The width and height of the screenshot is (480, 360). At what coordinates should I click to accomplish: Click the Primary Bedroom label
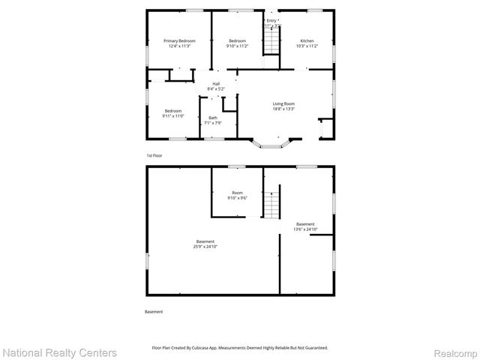[x=179, y=40]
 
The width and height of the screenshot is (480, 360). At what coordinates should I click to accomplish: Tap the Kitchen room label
[x=307, y=40]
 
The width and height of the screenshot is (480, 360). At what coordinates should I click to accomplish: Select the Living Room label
[x=283, y=103]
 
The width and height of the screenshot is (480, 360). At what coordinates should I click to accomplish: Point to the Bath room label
[x=213, y=118]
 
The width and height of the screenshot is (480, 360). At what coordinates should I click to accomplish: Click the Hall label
[x=216, y=83]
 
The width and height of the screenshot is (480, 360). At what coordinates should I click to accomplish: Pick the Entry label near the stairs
[x=271, y=20]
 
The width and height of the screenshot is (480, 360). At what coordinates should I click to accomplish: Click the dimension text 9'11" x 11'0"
[x=173, y=116]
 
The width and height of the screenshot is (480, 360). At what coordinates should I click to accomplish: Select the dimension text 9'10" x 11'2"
[x=237, y=46]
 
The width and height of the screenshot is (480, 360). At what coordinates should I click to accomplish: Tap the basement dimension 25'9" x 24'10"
[x=205, y=247]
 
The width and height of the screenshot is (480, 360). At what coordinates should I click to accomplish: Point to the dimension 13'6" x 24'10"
[x=305, y=229]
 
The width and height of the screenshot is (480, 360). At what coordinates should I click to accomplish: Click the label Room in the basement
[x=237, y=193]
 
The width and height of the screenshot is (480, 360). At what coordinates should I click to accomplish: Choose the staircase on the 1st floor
[x=270, y=42]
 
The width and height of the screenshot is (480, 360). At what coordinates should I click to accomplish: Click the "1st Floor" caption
[x=154, y=155]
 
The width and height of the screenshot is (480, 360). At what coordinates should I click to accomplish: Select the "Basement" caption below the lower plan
[x=153, y=311]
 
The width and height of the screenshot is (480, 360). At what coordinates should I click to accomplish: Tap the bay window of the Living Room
[x=271, y=143]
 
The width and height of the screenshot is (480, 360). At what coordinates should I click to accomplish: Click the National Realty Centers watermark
[x=60, y=352]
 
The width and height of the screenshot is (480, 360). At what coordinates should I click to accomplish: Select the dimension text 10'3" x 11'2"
[x=307, y=46]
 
